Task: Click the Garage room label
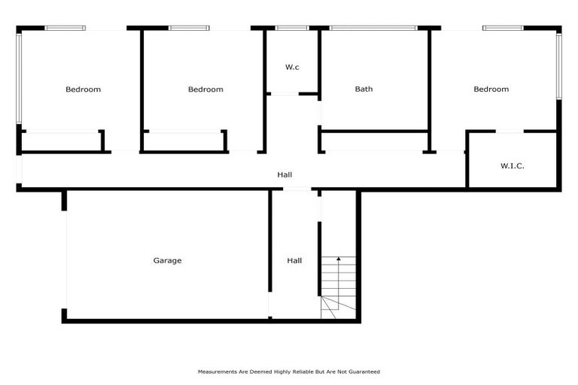(167, 261)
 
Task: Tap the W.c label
(292, 68)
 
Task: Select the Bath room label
(364, 89)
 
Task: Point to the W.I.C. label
(512, 165)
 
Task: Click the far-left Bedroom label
(83, 89)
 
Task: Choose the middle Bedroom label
(205, 89)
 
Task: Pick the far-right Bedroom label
(491, 89)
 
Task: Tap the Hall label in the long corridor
(284, 174)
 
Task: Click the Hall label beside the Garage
(294, 261)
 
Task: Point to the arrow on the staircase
(339, 260)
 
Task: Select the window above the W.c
(292, 29)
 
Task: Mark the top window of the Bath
(373, 29)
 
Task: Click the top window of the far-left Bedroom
(65, 29)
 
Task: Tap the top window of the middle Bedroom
(188, 29)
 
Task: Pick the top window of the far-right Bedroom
(503, 29)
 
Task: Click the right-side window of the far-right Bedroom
(559, 66)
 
